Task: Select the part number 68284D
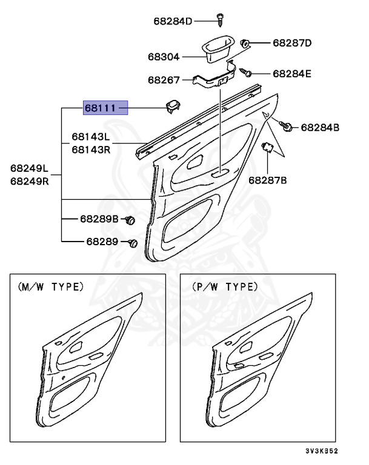click(172, 21)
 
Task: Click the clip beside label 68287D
click(246, 44)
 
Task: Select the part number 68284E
click(291, 73)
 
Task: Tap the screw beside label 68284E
click(246, 73)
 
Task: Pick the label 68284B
click(320, 127)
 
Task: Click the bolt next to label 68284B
click(287, 126)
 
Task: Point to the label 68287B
click(267, 180)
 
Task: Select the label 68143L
click(91, 137)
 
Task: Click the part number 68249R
click(30, 180)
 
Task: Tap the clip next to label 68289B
click(129, 220)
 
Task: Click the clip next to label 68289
click(133, 243)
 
